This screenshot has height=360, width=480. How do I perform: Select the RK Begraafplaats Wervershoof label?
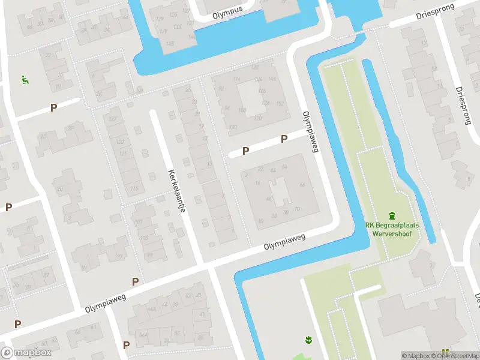(392, 230)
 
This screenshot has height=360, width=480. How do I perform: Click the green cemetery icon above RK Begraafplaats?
(392, 215)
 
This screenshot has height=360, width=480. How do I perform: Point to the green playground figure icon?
(25, 80)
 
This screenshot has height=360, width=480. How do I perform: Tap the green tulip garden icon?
(309, 340)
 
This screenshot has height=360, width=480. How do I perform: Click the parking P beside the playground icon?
(53, 108)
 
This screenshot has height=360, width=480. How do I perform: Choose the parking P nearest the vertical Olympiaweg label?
(284, 139)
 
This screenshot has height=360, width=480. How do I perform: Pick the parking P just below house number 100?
(245, 151)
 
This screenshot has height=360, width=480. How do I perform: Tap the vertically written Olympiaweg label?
(309, 131)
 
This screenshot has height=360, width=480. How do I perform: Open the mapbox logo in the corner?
(26, 353)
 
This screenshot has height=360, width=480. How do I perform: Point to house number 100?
(233, 127)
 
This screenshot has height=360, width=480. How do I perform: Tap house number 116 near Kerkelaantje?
(134, 188)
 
